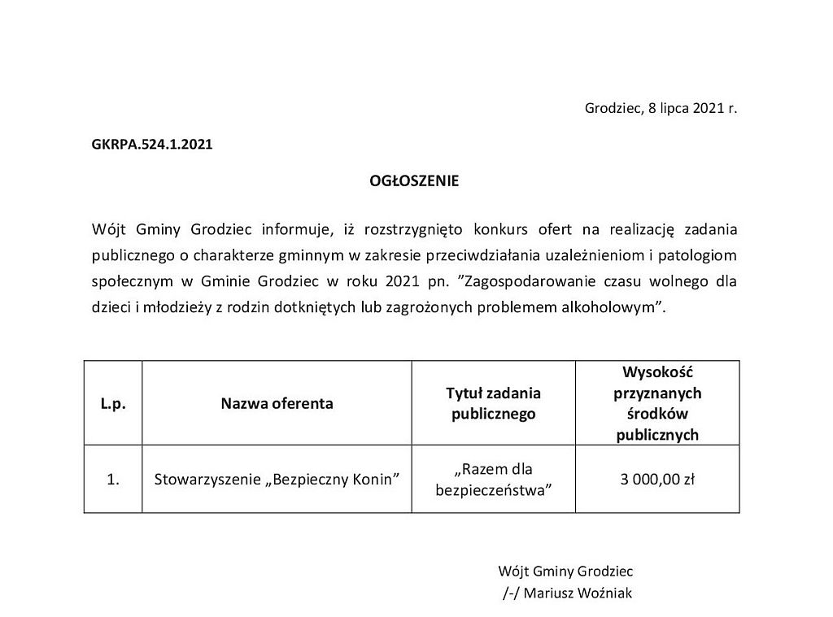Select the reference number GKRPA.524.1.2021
[x=152, y=145]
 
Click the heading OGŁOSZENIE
[x=414, y=181]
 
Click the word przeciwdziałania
[x=469, y=255]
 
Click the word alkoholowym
[x=617, y=308]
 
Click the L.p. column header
[x=113, y=403]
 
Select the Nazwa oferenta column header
[x=277, y=403]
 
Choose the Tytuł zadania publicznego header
[x=493, y=403]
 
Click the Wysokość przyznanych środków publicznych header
[x=657, y=403]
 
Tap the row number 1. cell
[x=113, y=479]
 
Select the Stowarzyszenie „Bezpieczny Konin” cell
[x=277, y=479]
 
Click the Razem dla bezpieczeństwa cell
[x=493, y=479]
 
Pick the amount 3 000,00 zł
[x=657, y=479]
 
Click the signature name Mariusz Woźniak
[x=578, y=593]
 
